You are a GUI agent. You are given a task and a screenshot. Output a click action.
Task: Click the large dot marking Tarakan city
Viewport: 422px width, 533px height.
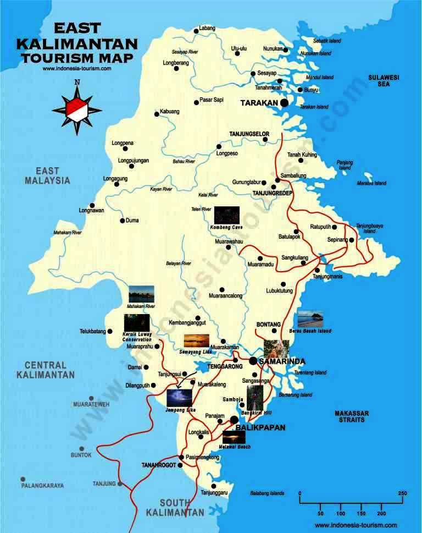click(284, 102)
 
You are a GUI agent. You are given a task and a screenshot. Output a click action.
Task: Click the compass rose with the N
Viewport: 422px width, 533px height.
click(77, 108)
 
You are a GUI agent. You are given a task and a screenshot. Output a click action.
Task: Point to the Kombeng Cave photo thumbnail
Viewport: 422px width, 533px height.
click(226, 215)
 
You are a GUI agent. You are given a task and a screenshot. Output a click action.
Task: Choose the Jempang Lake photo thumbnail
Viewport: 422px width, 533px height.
click(179, 398)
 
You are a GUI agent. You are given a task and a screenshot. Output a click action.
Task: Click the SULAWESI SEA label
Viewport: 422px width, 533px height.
click(383, 81)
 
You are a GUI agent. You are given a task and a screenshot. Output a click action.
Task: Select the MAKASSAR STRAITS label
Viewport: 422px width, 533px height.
click(352, 416)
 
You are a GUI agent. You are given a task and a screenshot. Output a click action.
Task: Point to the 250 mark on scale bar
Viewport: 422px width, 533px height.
click(402, 493)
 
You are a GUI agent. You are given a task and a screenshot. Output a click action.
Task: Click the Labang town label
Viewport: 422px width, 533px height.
click(207, 28)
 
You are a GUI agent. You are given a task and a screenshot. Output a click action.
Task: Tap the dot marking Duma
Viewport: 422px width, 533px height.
click(122, 221)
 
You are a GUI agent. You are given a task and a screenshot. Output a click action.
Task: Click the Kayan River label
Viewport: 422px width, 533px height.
click(161, 189)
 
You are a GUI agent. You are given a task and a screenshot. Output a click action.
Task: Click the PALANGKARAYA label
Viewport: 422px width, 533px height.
click(42, 486)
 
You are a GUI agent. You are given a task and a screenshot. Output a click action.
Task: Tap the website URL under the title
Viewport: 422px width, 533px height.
click(76, 69)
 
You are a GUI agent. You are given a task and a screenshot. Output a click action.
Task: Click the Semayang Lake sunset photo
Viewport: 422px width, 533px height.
click(196, 340)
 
